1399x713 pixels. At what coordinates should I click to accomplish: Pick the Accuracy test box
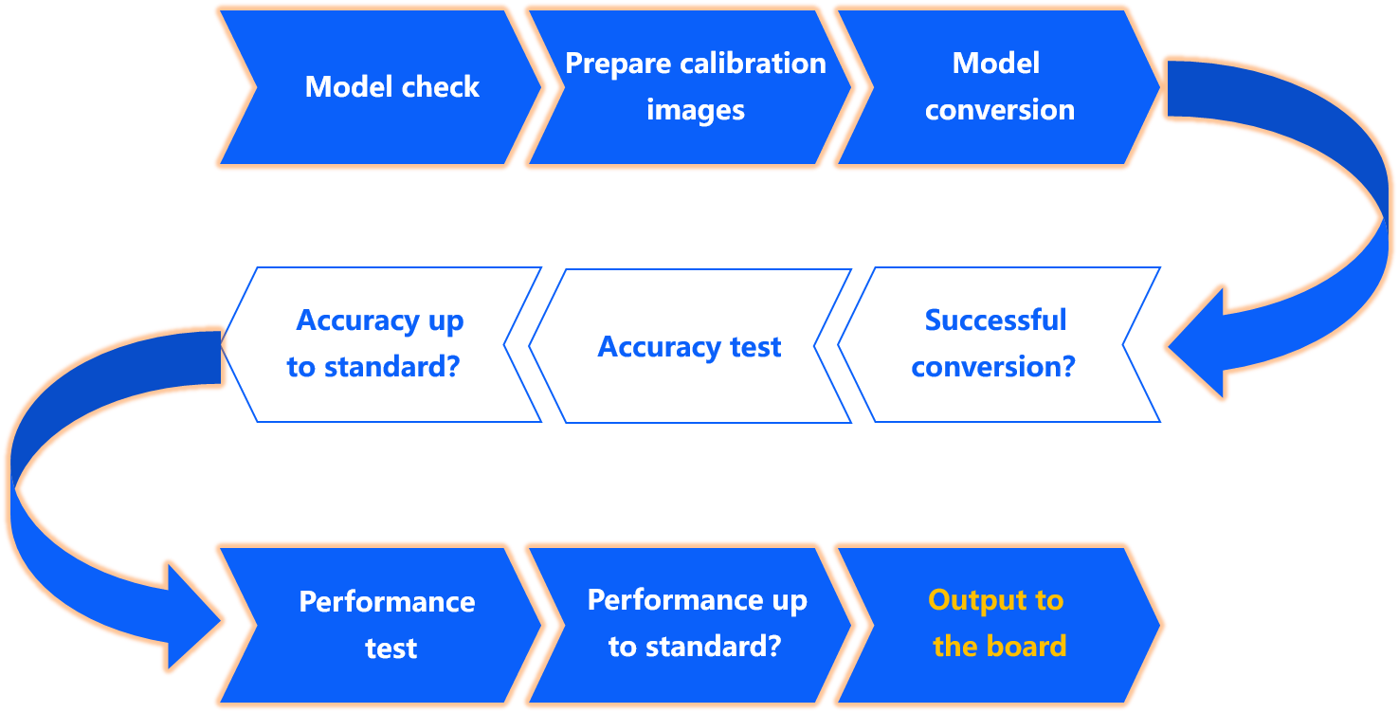tap(689, 347)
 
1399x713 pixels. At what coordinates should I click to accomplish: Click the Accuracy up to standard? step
tap(379, 344)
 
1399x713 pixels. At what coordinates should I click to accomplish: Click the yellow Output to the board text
tap(997, 624)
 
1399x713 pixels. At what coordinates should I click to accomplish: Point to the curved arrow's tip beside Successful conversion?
tap(1172, 348)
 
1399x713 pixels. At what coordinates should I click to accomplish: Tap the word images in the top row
tap(696, 110)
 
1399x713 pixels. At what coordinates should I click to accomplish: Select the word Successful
tap(995, 320)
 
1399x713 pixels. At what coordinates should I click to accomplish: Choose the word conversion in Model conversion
tap(1000, 110)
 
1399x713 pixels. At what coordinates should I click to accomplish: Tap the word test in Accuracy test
tap(754, 347)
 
